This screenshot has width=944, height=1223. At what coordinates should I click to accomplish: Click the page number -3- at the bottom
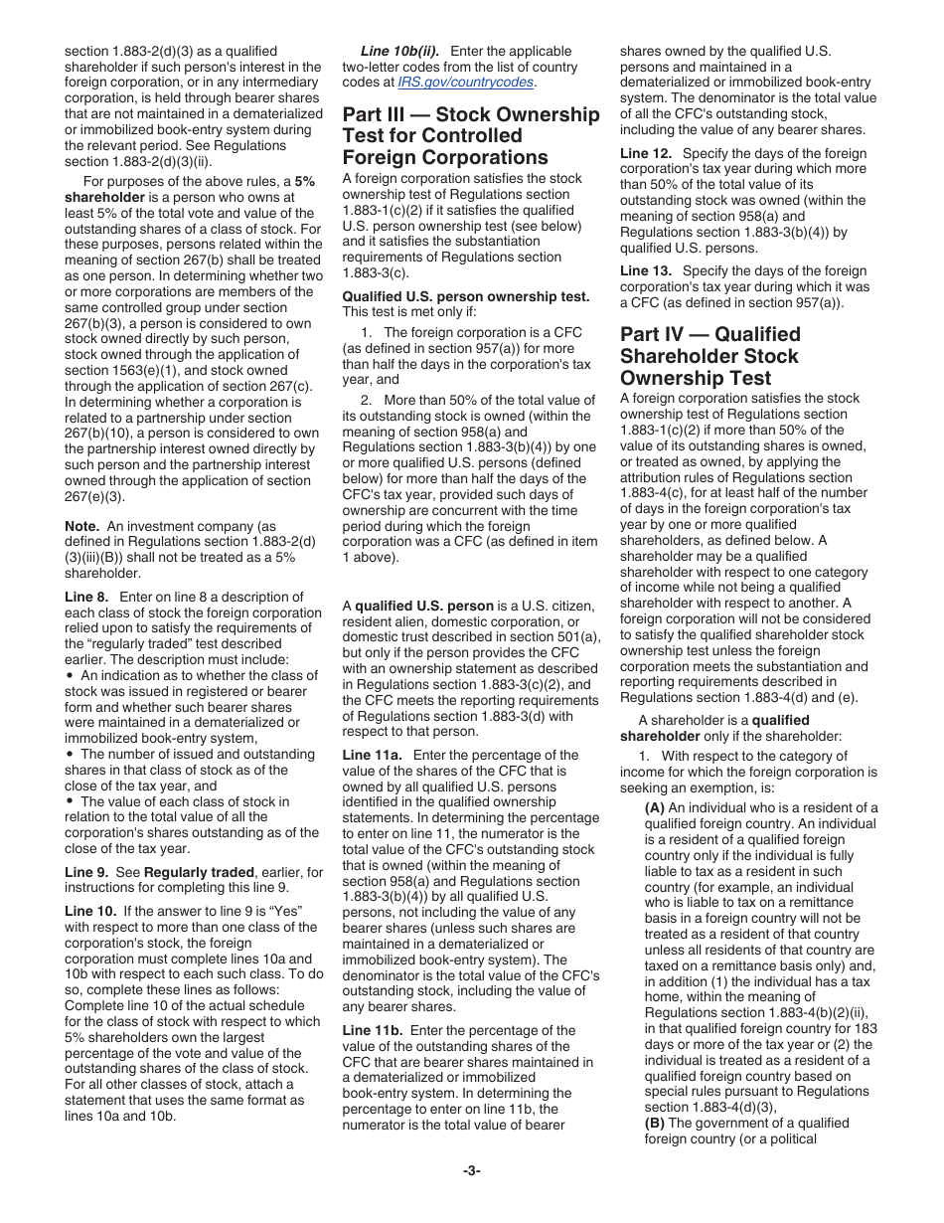(471, 1170)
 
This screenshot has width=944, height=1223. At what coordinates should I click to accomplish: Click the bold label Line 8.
(87, 597)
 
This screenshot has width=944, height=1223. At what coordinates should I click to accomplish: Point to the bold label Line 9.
(87, 872)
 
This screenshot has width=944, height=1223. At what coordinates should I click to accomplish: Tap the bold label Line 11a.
(373, 756)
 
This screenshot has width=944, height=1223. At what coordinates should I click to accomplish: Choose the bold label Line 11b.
(373, 1030)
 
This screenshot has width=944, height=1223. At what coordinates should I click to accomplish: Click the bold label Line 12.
(646, 153)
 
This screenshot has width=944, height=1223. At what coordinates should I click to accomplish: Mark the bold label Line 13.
(646, 270)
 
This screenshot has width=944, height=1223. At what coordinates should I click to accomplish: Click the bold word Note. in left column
(81, 526)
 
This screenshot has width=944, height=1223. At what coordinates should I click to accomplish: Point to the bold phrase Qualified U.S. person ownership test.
(466, 296)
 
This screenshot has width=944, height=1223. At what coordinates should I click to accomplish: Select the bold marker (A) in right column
(655, 807)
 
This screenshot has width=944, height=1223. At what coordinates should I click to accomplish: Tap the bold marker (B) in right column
(655, 1123)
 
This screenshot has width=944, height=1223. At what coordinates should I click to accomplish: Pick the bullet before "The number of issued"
(70, 754)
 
